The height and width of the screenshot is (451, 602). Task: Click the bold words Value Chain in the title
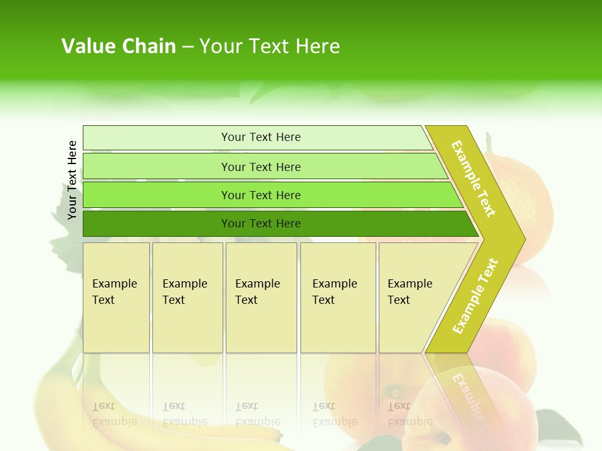point(119,46)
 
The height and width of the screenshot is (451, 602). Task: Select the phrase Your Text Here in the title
point(270,46)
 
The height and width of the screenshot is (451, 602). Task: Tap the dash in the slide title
point(187,47)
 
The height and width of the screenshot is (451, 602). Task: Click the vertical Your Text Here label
point(72,180)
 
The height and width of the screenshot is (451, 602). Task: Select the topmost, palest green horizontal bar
point(260,137)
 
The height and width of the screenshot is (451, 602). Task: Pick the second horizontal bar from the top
point(260,167)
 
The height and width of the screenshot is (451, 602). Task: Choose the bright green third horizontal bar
point(260,195)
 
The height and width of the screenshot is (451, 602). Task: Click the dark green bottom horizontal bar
point(260,224)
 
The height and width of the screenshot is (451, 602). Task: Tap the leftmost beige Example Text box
point(116,298)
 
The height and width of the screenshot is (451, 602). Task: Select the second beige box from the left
point(187,298)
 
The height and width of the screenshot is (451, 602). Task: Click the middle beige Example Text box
point(261,298)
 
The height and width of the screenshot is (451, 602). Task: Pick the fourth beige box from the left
point(338,298)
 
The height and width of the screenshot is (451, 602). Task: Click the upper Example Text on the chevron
point(473,179)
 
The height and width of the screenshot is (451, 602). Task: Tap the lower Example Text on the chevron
point(475,296)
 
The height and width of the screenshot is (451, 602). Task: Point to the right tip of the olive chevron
point(524,239)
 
